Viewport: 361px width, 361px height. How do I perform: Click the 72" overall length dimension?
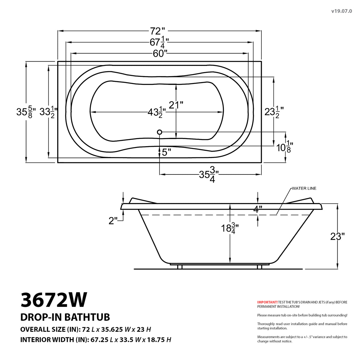(x=158, y=31)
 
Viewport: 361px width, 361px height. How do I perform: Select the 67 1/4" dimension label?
(x=159, y=43)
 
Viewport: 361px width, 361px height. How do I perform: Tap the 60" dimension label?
(x=160, y=54)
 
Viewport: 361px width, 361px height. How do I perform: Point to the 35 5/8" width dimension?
(x=26, y=112)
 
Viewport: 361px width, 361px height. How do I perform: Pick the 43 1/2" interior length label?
(x=155, y=112)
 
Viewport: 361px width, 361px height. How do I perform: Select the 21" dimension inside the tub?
(x=176, y=105)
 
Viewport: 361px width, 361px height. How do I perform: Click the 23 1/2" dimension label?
(x=274, y=112)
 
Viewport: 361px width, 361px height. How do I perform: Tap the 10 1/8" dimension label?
(x=284, y=147)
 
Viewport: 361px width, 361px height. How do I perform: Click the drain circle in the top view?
(x=159, y=132)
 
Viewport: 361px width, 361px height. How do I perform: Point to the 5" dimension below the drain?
(x=166, y=152)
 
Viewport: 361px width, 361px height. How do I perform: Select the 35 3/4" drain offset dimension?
(x=209, y=175)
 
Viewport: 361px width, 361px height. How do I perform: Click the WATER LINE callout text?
(x=304, y=188)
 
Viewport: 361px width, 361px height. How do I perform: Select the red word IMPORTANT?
(x=267, y=302)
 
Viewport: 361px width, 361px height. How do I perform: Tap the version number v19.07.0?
(x=341, y=11)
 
